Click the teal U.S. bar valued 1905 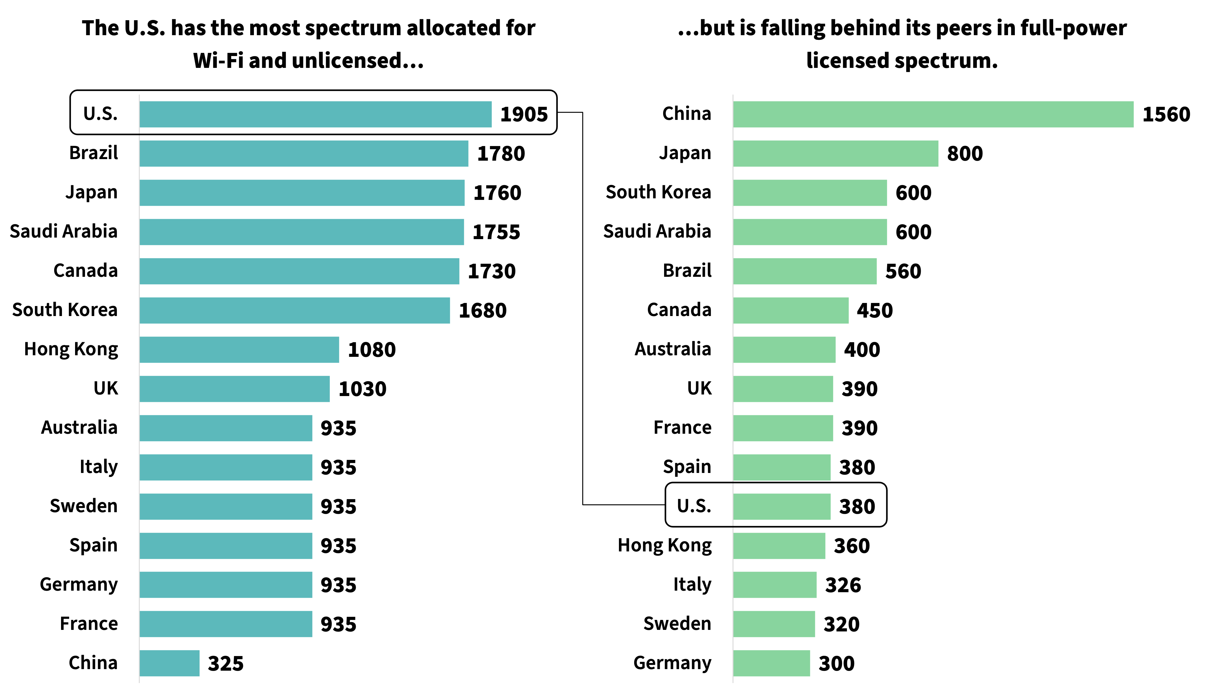[x=316, y=114]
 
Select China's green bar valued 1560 [x=933, y=114]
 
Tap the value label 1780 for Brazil [x=501, y=153]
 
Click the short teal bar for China [x=169, y=663]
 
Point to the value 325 [x=226, y=664]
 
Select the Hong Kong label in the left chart [x=71, y=349]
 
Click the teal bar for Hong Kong [x=239, y=349]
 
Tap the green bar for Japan [x=835, y=153]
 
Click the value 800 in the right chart [x=965, y=153]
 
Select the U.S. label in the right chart [x=694, y=506]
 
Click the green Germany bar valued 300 [x=771, y=663]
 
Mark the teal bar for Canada [x=299, y=271]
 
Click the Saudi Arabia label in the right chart [x=657, y=231]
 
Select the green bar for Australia [x=784, y=349]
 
